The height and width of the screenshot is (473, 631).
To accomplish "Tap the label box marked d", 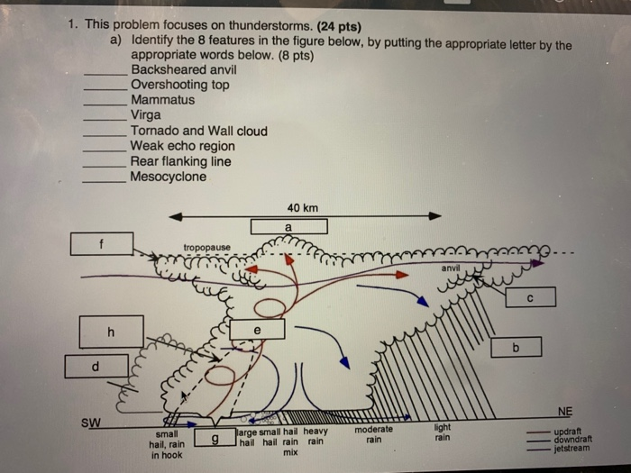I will (96, 366).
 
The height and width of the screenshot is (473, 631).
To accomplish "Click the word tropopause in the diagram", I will (206, 247).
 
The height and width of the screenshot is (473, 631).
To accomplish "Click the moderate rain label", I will (373, 435).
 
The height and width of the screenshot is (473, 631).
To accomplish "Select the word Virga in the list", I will (146, 115).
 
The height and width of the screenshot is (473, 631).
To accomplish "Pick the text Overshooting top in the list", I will (179, 85).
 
